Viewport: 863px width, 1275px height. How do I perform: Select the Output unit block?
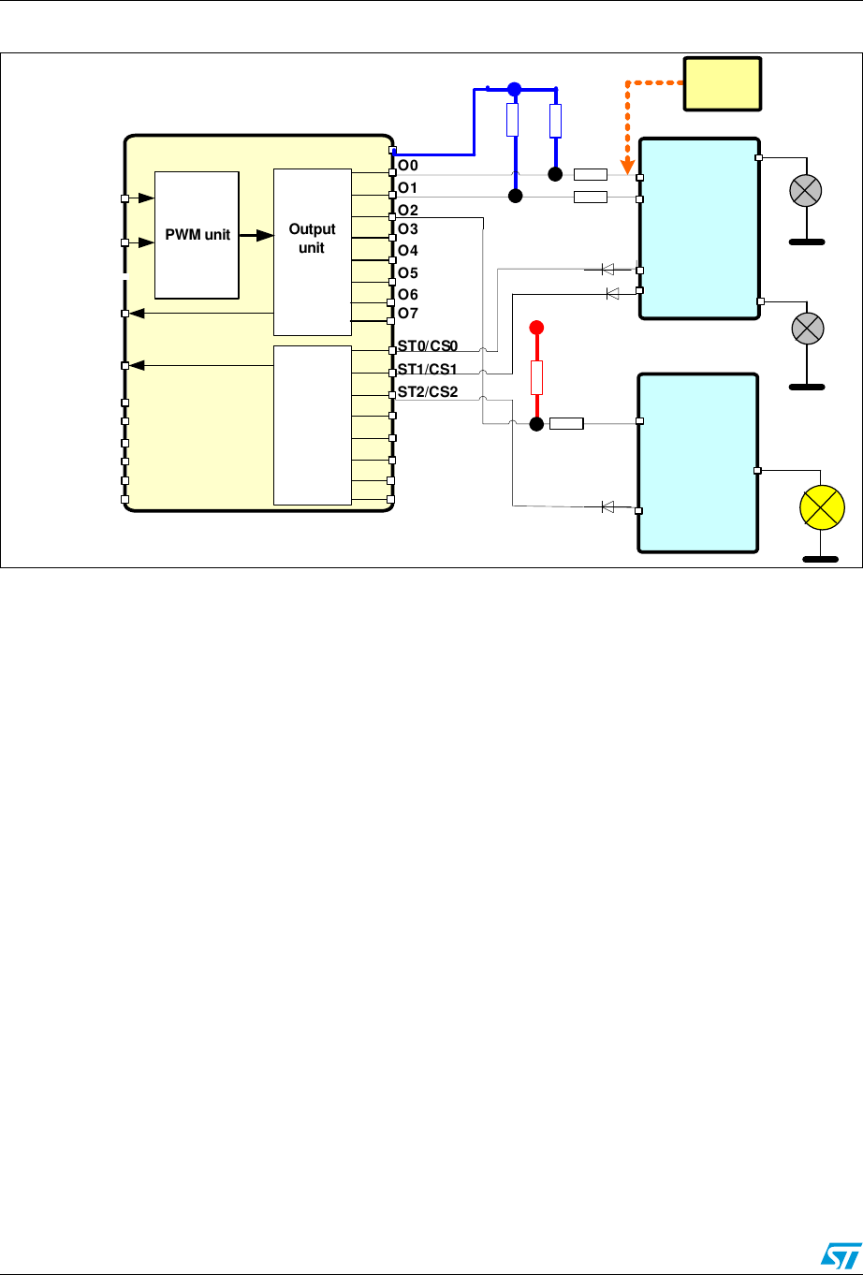pyautogui.click(x=312, y=251)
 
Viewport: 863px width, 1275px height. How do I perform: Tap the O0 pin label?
pyautogui.click(x=408, y=166)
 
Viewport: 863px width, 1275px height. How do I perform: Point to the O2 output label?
pyautogui.click(x=408, y=210)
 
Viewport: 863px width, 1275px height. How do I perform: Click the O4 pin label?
pyautogui.click(x=408, y=251)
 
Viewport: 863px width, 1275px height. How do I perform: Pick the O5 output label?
pyautogui.click(x=408, y=273)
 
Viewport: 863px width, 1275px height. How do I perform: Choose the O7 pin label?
pyautogui.click(x=408, y=312)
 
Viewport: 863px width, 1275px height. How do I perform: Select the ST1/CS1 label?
pyautogui.click(x=427, y=371)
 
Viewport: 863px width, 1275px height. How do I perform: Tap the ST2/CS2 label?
pyautogui.click(x=427, y=391)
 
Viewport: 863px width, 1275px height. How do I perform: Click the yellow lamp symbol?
pyautogui.click(x=821, y=509)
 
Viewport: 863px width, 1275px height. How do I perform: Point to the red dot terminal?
pyautogui.click(x=537, y=328)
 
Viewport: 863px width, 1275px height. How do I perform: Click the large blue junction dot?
pyautogui.click(x=513, y=90)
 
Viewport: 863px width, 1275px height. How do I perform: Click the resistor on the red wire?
pyautogui.click(x=537, y=377)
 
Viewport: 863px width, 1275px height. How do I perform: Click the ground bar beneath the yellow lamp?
pyautogui.click(x=821, y=561)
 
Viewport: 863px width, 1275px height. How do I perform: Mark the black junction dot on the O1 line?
pyautogui.click(x=513, y=197)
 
